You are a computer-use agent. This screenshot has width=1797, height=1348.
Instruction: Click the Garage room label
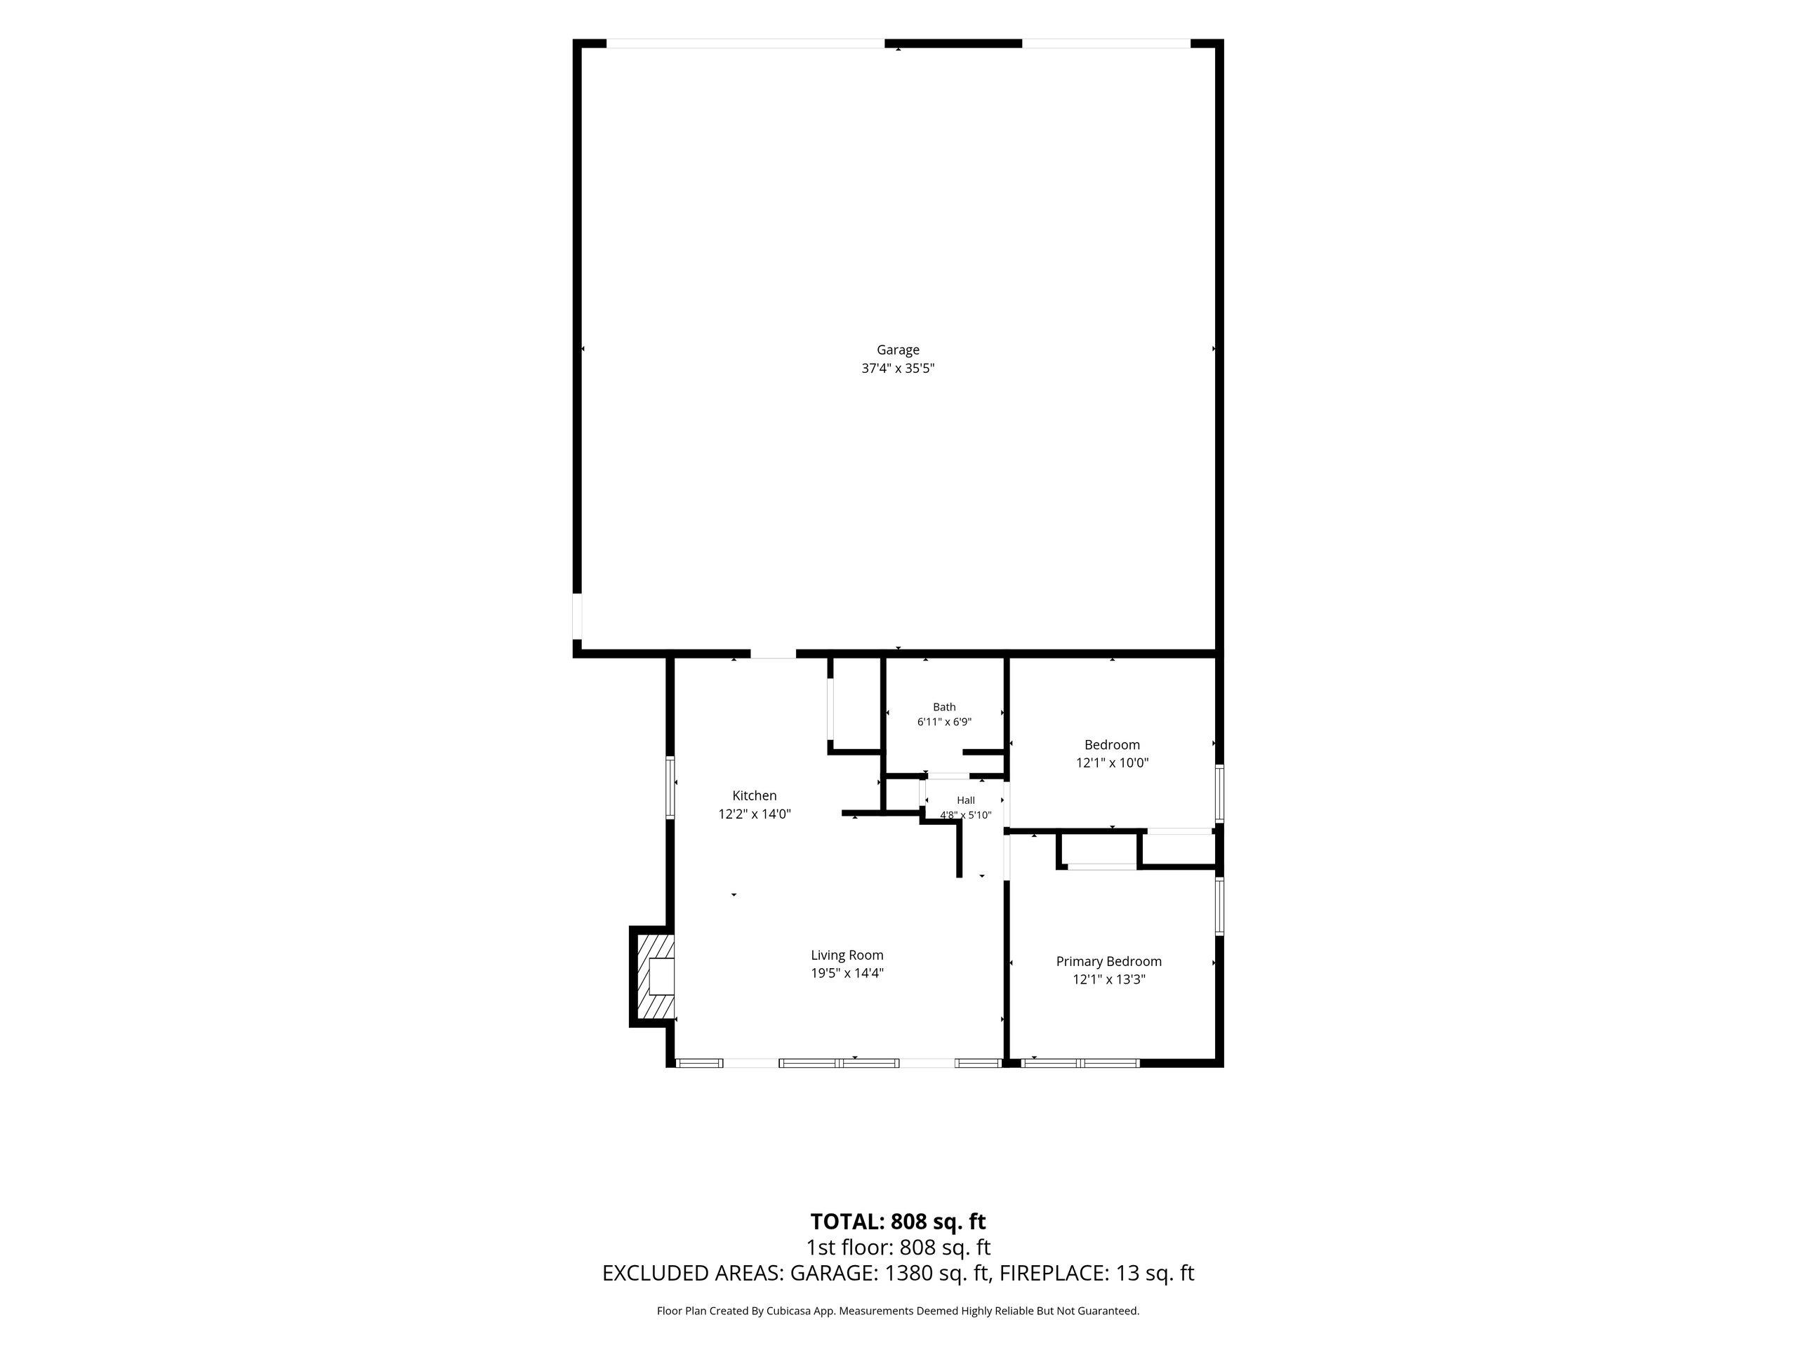point(898,350)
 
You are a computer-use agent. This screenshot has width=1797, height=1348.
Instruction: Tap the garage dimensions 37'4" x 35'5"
point(898,368)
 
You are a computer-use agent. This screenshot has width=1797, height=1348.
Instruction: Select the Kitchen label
point(754,795)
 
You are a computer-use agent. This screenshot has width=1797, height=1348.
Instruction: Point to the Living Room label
point(847,955)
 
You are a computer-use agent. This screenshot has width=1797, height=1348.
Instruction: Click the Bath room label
point(944,707)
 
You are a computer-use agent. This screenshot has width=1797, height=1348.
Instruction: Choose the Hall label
point(966,800)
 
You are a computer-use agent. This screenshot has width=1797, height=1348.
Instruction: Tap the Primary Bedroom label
point(1109,961)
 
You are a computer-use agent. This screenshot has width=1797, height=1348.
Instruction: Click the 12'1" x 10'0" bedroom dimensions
point(1112,763)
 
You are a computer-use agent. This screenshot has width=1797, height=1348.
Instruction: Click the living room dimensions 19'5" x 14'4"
point(847,972)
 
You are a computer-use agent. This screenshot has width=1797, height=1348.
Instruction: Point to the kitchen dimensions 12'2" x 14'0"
point(754,813)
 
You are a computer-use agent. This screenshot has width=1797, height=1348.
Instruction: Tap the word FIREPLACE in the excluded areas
point(1052,1274)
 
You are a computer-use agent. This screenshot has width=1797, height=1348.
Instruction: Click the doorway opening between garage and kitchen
point(773,653)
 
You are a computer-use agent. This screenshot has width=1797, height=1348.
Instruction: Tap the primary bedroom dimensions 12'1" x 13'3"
point(1109,979)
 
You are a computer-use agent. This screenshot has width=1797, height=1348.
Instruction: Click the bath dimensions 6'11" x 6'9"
point(944,722)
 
